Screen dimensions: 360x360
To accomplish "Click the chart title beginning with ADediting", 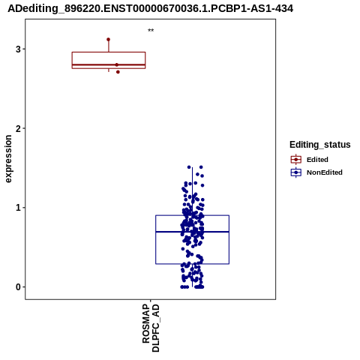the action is click(x=150, y=9).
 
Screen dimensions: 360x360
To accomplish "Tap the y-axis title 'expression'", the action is click(x=8, y=159).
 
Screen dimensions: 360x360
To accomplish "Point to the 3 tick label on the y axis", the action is click(x=18, y=49).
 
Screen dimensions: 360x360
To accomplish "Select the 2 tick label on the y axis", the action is click(x=18, y=128).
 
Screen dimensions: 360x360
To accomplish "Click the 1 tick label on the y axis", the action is click(x=18, y=208).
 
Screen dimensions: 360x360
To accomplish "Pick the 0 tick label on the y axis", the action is click(x=18, y=287).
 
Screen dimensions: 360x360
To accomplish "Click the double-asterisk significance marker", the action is click(x=151, y=31).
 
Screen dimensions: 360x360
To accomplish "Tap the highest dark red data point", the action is click(x=108, y=40).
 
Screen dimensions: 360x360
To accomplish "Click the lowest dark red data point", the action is click(x=118, y=72).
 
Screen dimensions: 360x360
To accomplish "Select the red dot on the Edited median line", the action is click(x=117, y=64).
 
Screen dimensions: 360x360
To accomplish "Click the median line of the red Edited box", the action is click(x=109, y=64).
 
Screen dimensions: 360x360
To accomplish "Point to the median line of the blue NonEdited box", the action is click(x=192, y=232).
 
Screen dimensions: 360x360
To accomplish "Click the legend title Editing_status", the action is click(x=320, y=145).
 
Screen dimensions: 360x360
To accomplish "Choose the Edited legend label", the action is click(x=317, y=160).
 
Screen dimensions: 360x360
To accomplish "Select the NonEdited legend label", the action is click(x=325, y=172).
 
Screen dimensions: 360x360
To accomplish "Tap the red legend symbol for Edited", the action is click(x=296, y=160).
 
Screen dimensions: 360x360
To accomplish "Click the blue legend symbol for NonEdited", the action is click(x=296, y=172).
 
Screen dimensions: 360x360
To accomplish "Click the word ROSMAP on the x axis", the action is click(x=146, y=323).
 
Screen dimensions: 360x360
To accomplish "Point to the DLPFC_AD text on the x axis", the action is click(x=155, y=328).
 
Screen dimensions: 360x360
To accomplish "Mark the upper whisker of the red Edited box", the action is click(x=109, y=46).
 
